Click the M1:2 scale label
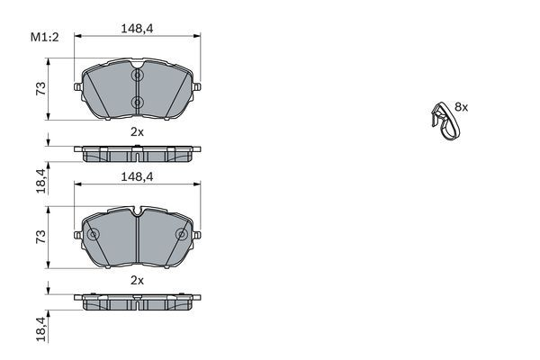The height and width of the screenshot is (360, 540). click(44, 38)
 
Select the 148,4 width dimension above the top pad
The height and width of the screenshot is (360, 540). click(137, 29)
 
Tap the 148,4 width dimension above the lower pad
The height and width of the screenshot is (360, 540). click(137, 177)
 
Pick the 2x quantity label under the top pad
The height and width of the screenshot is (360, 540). click(137, 131)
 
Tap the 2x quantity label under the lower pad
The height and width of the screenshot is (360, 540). click(137, 280)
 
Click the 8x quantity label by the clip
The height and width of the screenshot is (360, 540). click(462, 106)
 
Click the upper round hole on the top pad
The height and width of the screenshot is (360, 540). click(137, 76)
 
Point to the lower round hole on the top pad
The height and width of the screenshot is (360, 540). click(137, 102)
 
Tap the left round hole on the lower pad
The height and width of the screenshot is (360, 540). click(93, 235)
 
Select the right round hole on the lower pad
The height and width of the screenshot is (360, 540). click(182, 235)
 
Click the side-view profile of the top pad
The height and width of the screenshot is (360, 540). click(137, 153)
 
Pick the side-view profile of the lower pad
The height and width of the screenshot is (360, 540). click(137, 301)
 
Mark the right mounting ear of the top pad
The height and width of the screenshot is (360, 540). click(195, 87)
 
